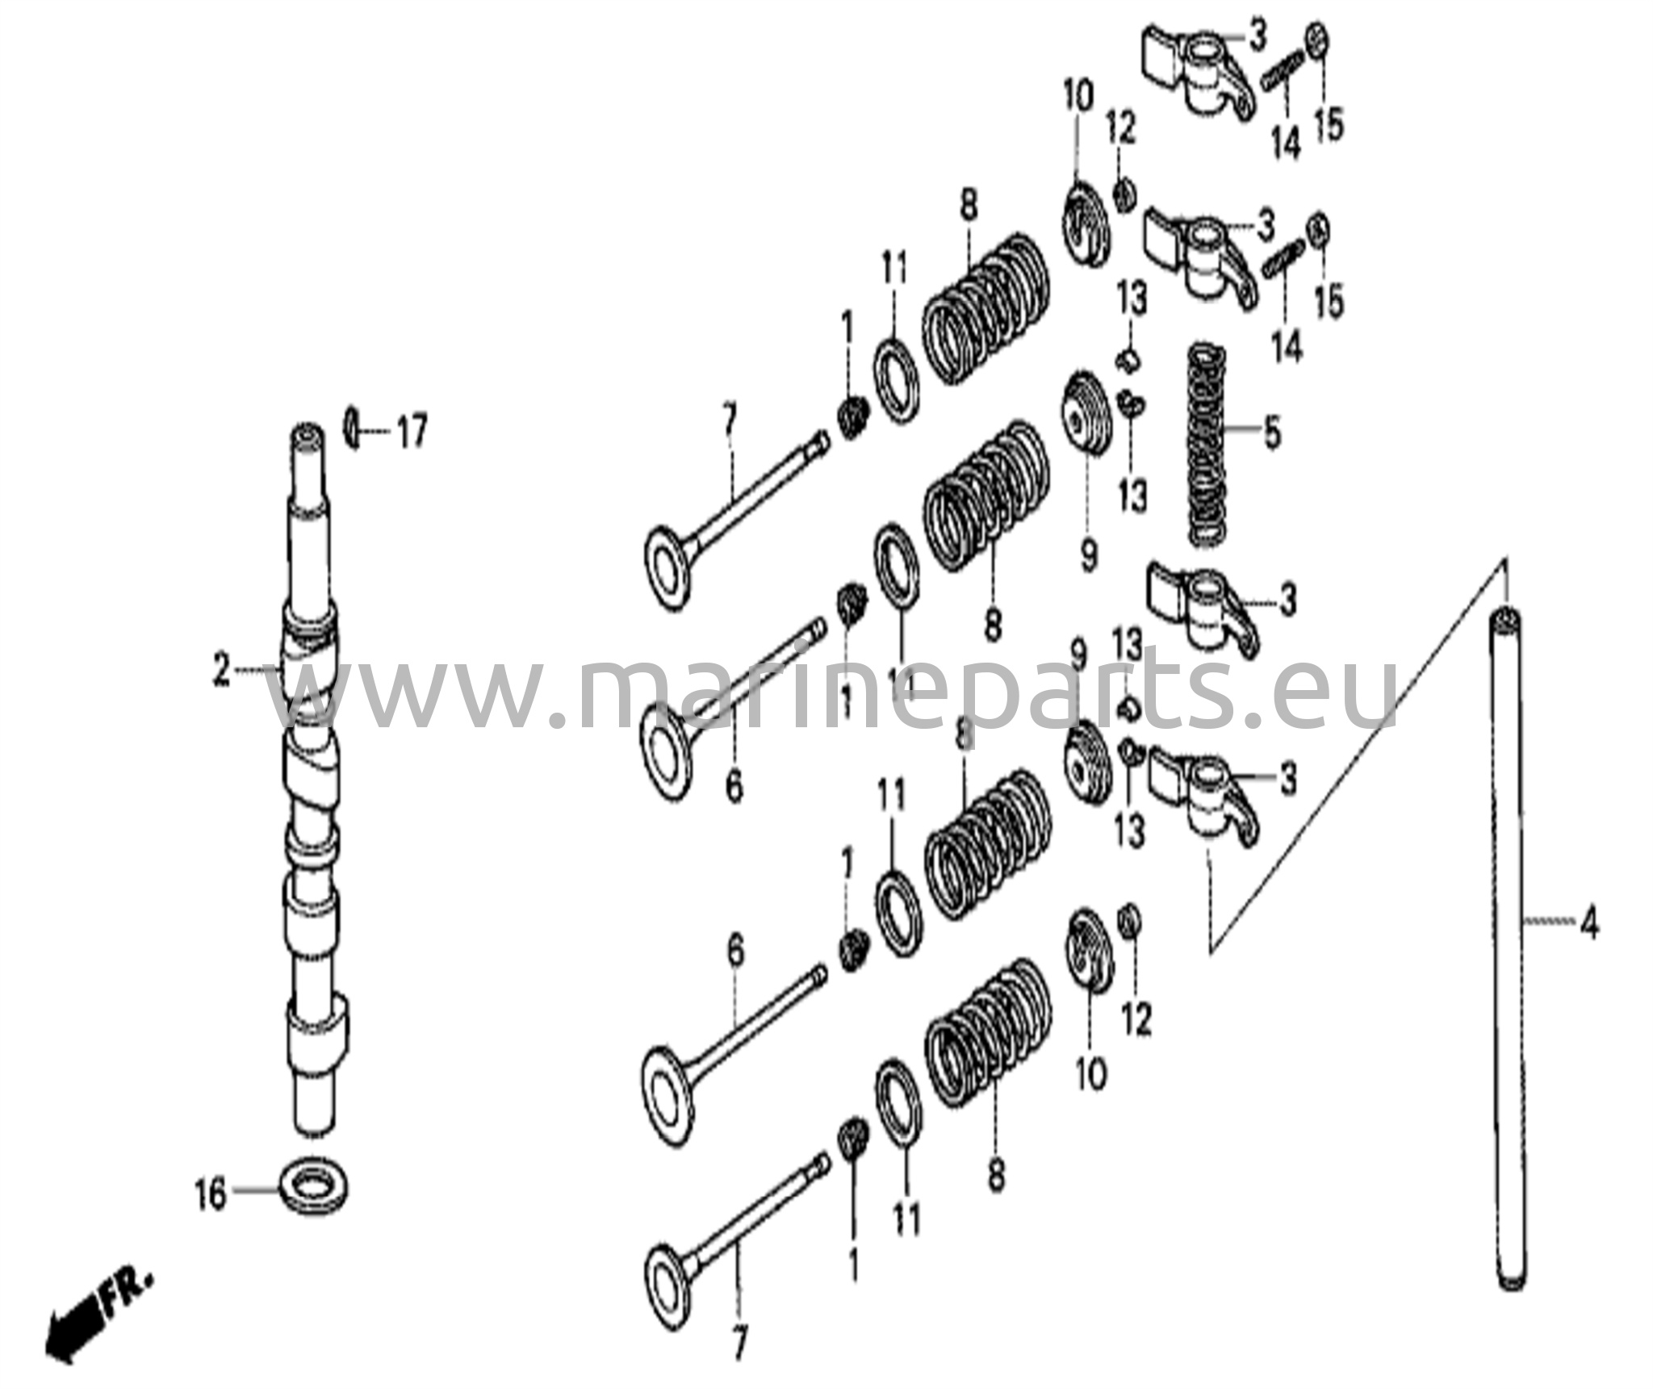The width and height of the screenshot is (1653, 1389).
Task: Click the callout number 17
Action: point(411,433)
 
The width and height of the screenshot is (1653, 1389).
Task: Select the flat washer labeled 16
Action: point(314,1187)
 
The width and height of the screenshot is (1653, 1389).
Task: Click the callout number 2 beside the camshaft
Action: point(221,670)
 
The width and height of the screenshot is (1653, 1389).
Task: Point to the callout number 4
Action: point(1588,925)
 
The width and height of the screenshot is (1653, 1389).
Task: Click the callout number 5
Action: point(1271,433)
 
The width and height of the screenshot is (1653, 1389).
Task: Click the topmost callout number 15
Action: point(1329,125)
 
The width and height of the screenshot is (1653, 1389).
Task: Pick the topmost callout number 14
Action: point(1286,144)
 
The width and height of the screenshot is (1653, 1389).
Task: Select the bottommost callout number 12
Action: point(1136,1021)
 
